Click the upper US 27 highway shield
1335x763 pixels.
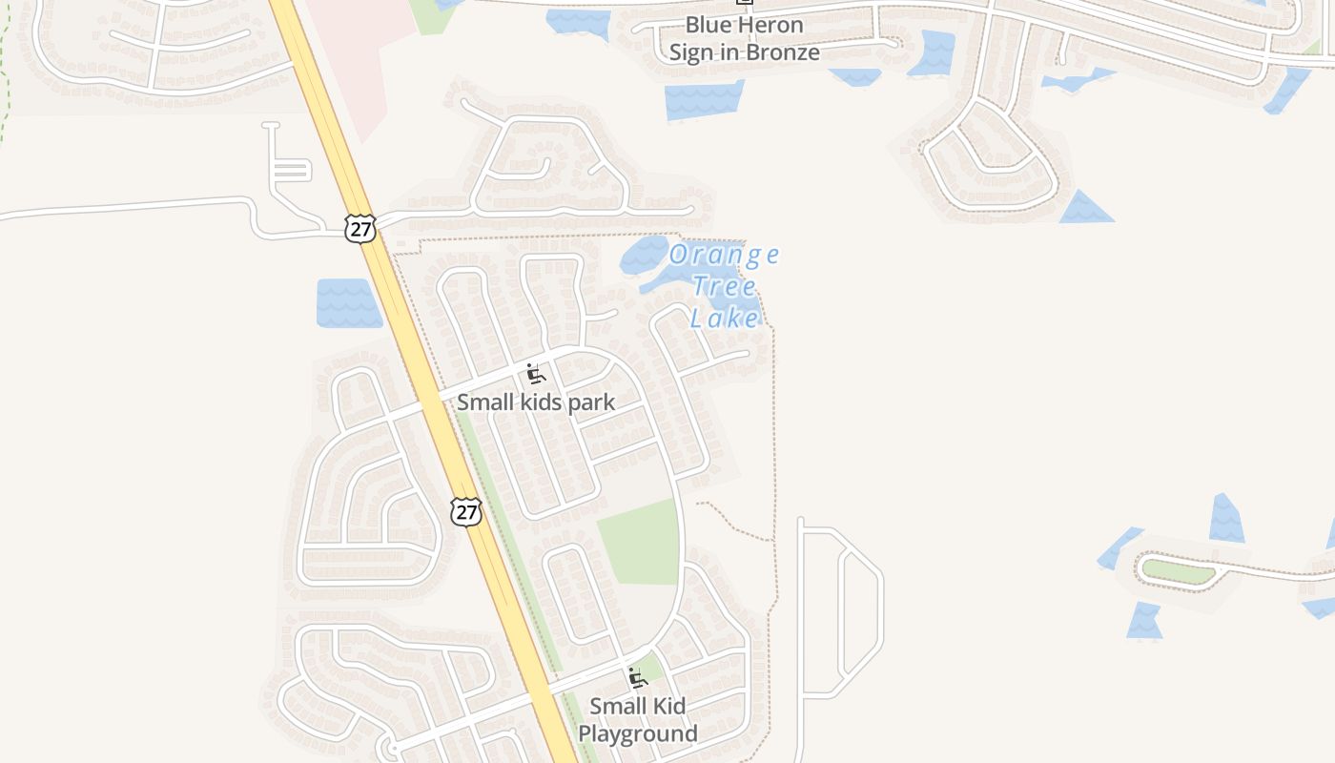click(x=360, y=229)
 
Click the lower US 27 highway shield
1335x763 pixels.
click(x=465, y=511)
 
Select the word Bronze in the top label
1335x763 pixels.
click(x=781, y=52)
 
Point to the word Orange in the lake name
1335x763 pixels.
click(x=724, y=255)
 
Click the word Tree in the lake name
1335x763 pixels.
click(x=725, y=286)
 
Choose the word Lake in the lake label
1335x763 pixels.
click(x=725, y=318)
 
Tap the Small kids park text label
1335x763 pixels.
click(x=536, y=402)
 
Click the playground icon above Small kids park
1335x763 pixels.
click(x=535, y=373)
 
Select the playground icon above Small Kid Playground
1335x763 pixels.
click(x=637, y=678)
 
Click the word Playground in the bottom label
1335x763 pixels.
click(x=638, y=733)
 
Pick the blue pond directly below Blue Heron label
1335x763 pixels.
click(x=704, y=100)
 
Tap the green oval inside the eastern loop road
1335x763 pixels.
click(x=1179, y=571)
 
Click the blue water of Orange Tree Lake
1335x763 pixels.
click(x=648, y=258)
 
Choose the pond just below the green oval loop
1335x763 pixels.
click(x=1145, y=621)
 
